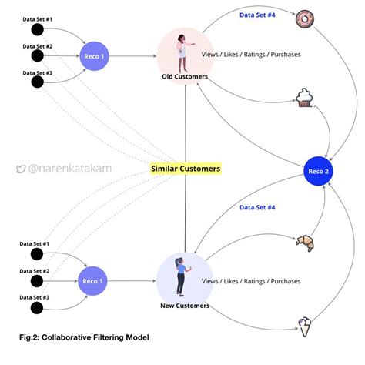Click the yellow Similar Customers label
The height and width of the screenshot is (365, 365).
[x=185, y=168]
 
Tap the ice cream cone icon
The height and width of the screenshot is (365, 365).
[x=306, y=324]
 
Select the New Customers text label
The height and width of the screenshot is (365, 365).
[x=185, y=306]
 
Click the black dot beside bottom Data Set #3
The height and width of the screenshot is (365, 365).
[x=35, y=310]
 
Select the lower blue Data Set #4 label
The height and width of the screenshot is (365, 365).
[x=257, y=207]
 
